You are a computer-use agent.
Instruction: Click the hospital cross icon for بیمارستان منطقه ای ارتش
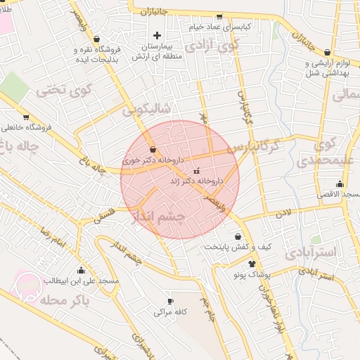coord(156,35)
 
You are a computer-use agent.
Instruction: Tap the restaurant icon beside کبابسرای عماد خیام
coord(219,16)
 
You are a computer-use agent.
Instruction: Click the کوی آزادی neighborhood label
coord(210,47)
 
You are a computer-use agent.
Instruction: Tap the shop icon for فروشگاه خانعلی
coord(26,117)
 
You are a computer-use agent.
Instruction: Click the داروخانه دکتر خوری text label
coord(153,160)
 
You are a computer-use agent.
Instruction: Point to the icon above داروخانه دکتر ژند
coord(195,170)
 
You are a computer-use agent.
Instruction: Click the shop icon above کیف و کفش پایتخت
coord(238,236)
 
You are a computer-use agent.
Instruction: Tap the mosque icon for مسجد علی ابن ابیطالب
coord(81,270)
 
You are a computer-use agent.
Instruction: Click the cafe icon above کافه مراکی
coord(169,300)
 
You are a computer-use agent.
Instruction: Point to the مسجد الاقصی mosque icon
coord(340,184)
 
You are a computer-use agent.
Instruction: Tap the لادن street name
coord(283,211)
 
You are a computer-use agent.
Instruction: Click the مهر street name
coord(203,119)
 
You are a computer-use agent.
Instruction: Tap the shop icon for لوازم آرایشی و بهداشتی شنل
coord(328,52)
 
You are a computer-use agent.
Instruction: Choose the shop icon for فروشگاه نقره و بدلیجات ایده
coord(96,39)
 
